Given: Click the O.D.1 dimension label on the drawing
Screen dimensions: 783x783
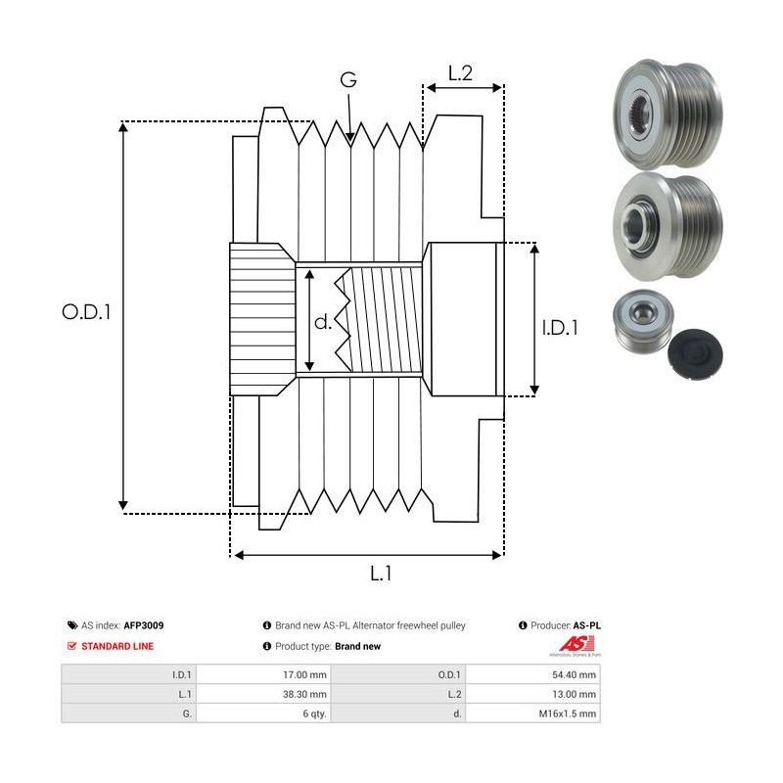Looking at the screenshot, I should pos(88,312).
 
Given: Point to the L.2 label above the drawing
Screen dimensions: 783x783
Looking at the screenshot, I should pos(461,72).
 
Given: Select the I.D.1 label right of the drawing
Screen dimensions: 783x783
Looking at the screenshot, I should pos(560,329).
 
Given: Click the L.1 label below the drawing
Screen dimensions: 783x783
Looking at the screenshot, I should pos(383,575).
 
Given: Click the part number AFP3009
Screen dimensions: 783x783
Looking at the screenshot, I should pos(144,624).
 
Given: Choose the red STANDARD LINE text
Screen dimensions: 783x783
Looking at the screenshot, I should pos(117,646).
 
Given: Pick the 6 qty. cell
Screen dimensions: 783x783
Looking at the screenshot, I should pos(315,714).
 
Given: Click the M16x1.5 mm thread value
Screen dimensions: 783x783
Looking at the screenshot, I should pos(572,714).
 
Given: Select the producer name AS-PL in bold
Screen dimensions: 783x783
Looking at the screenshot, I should pos(585,624).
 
